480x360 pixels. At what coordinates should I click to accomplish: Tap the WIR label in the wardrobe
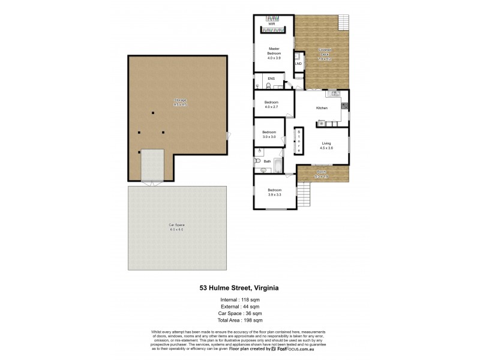click(271, 25)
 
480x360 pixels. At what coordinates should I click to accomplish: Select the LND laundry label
click(298, 63)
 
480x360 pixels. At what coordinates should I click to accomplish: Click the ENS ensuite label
click(271, 79)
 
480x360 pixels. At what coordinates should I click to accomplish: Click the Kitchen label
click(322, 108)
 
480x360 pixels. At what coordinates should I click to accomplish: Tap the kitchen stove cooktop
click(344, 106)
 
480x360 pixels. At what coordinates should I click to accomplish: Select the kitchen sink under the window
click(333, 94)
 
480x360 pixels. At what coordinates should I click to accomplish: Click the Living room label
click(326, 145)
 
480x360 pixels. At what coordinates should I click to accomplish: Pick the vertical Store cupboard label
click(299, 142)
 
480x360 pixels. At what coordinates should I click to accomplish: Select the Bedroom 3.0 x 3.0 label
click(269, 134)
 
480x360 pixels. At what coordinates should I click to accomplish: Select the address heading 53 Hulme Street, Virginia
click(239, 287)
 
